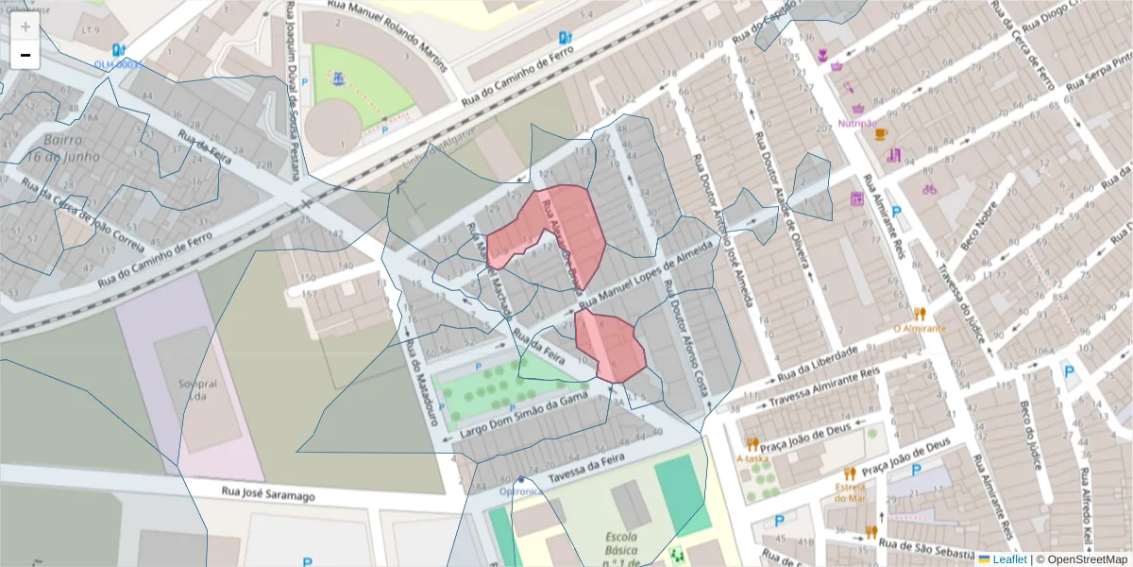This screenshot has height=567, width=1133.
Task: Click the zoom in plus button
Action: (x=25, y=26)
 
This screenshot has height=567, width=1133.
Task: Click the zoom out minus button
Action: (x=25, y=55)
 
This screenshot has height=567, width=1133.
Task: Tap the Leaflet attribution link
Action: (x=1009, y=558)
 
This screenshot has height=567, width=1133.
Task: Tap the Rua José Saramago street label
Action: (x=268, y=493)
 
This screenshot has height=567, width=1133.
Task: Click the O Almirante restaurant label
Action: (x=919, y=328)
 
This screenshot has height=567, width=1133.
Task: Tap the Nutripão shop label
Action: (x=857, y=123)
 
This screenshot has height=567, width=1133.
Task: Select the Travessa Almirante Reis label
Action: (x=823, y=387)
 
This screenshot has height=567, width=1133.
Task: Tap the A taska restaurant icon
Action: (x=753, y=443)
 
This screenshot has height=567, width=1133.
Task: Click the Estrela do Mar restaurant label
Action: (x=850, y=492)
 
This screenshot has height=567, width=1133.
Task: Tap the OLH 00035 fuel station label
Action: (x=117, y=64)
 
